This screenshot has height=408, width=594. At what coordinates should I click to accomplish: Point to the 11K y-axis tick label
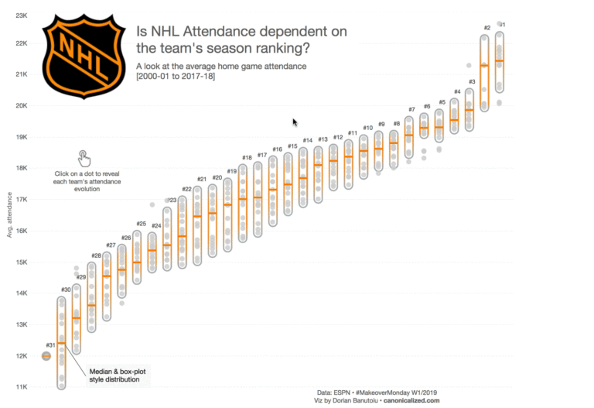(x=22, y=386)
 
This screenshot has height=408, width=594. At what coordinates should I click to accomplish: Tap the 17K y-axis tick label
(x=22, y=199)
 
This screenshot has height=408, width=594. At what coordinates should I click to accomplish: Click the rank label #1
(x=503, y=26)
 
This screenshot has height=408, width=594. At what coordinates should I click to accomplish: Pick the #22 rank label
(x=186, y=189)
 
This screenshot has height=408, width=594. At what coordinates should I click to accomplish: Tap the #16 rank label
(x=277, y=149)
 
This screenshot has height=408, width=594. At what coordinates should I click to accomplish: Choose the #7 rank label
(x=411, y=110)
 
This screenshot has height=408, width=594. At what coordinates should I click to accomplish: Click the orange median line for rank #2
(x=485, y=66)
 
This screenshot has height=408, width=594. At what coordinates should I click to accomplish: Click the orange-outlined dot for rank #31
(x=46, y=356)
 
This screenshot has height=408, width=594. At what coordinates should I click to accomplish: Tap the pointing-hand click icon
(x=84, y=158)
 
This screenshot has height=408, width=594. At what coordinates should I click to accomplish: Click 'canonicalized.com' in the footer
(x=413, y=400)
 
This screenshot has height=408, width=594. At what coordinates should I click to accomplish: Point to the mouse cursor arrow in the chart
(x=294, y=122)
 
